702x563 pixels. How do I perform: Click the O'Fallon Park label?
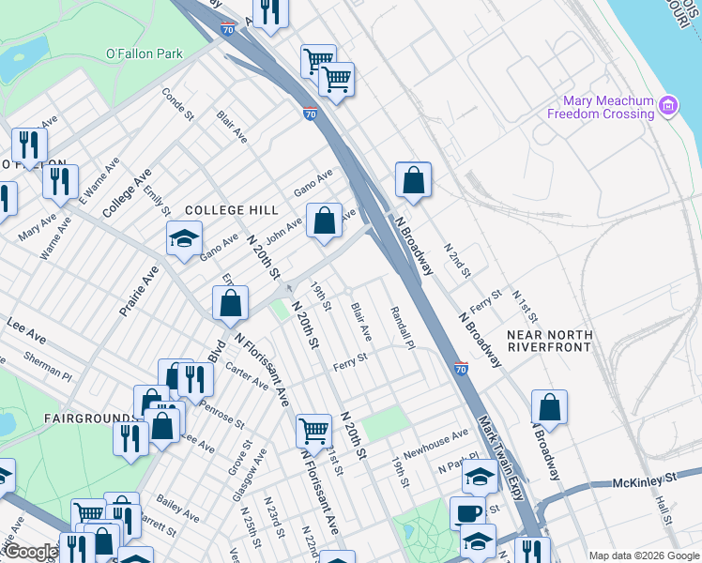(144, 53)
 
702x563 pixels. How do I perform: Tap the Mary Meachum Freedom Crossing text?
(607, 107)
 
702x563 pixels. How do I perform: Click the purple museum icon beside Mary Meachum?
(668, 106)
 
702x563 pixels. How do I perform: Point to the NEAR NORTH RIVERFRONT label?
(549, 341)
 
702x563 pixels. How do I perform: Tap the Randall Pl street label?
(402, 327)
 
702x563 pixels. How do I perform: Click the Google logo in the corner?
(31, 553)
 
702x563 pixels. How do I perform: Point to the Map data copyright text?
(643, 555)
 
